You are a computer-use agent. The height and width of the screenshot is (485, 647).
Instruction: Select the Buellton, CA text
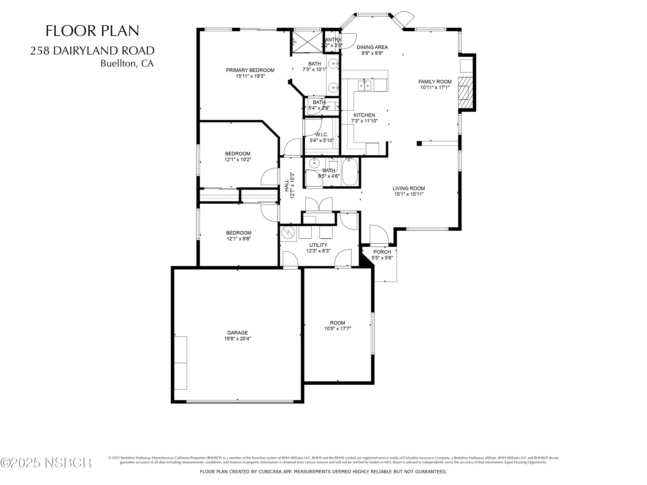[127, 63]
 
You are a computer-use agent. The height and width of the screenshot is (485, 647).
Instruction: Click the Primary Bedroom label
[250, 70]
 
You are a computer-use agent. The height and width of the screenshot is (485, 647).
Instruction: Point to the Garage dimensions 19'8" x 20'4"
[237, 339]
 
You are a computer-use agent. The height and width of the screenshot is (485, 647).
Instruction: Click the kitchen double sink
[365, 86]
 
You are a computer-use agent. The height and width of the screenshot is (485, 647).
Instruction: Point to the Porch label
[382, 252]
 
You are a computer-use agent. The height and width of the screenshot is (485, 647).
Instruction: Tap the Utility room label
[318, 245]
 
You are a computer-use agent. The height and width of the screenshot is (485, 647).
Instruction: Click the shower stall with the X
[308, 42]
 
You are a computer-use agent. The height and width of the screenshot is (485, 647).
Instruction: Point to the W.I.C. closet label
[322, 135]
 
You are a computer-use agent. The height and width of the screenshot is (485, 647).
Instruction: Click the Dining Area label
[372, 47]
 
